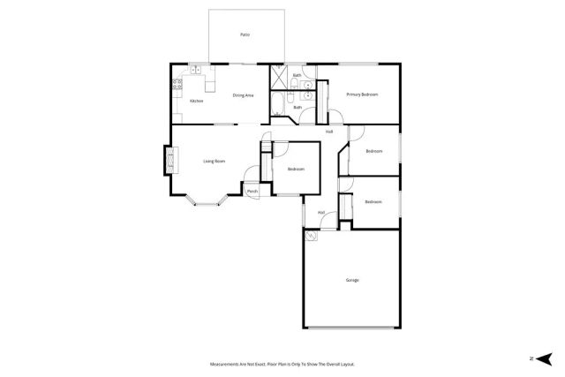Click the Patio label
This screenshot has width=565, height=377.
pos(245,34)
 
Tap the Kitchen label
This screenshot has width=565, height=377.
pos(196,101)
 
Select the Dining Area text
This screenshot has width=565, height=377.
pos(244,94)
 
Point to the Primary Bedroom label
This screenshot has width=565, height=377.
pos(362,94)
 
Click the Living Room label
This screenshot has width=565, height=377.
pos(215,161)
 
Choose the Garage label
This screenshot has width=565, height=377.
pos(352,280)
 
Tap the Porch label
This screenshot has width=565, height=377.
pos(252,192)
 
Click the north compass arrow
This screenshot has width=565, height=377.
pos(545,358)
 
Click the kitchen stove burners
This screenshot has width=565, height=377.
pos(178,85)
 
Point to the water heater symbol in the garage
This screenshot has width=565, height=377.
pos(310,236)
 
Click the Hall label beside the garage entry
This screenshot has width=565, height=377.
pos(321,212)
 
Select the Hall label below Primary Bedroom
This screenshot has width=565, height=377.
pos(328,132)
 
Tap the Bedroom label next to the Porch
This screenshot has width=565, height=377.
pos(296,169)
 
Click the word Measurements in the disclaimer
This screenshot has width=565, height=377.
pos(225,364)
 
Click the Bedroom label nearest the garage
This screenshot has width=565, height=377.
pos(373,201)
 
